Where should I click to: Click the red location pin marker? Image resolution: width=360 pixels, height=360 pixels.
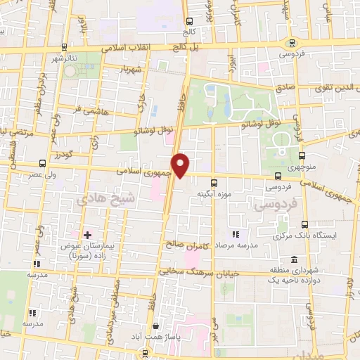tap(181, 166)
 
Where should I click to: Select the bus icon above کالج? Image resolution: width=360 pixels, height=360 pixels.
tap(188, 21)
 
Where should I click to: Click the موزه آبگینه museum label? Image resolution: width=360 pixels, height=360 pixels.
tap(210, 193)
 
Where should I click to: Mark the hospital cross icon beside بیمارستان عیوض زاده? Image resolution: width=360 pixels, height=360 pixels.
tap(87, 235)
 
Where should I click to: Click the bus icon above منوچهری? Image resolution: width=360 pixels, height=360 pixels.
tap(302, 156)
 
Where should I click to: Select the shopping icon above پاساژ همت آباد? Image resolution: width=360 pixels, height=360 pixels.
tap(156, 326)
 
